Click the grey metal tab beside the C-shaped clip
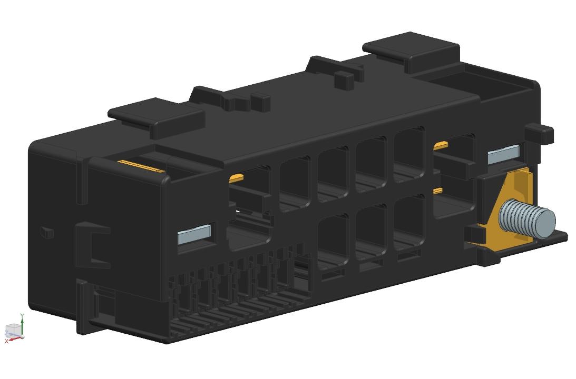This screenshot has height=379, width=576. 194,234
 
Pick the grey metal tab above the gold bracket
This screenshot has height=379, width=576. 504,154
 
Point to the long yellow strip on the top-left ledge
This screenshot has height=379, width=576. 141,166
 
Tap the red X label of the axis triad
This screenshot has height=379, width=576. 6,342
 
